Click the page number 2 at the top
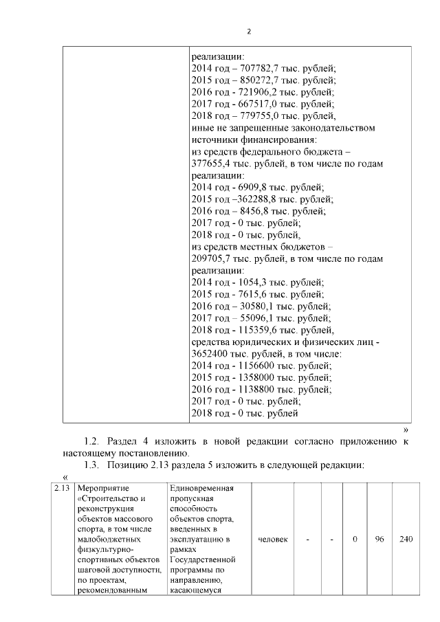(x=248, y=31)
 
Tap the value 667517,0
(x=261, y=104)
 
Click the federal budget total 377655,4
(x=212, y=164)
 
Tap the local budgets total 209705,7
(x=212, y=259)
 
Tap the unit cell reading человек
(x=272, y=540)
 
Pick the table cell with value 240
(x=406, y=540)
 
